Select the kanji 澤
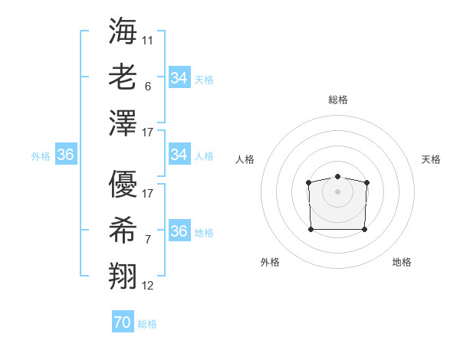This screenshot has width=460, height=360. pyautogui.click(x=123, y=123)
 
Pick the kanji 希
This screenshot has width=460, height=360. pyautogui.click(x=123, y=230)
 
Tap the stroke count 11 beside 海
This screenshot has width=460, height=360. pyautogui.click(x=147, y=40)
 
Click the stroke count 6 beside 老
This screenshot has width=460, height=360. pyautogui.click(x=147, y=87)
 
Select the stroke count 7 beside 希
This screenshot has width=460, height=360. pyautogui.click(x=147, y=240)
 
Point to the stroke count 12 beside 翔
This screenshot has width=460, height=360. pyautogui.click(x=147, y=286)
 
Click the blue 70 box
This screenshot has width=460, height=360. pyautogui.click(x=122, y=322)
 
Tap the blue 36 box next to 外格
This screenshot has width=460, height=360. pyautogui.click(x=66, y=155)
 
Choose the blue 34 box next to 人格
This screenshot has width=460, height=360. pyautogui.click(x=179, y=155)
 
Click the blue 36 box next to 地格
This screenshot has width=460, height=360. pyautogui.click(x=179, y=231)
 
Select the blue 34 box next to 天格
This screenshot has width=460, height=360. pyautogui.click(x=179, y=78)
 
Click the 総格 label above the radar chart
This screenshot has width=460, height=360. pyautogui.click(x=337, y=100)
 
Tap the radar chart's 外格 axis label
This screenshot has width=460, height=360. pyautogui.click(x=270, y=262)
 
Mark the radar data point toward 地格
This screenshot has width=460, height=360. pyautogui.click(x=364, y=229)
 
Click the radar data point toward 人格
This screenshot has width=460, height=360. pyautogui.click(x=308, y=182)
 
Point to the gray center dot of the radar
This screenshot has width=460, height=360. pyautogui.click(x=337, y=191)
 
